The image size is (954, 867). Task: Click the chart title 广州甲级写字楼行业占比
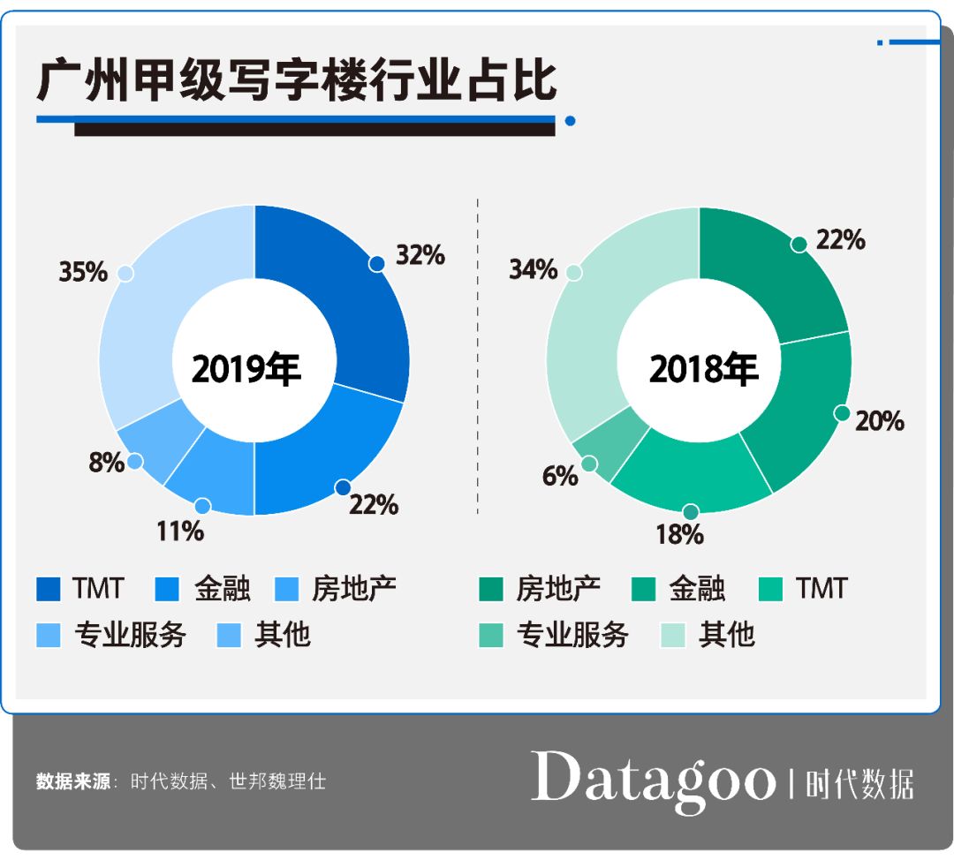coord(297,81)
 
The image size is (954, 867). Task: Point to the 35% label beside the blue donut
coord(83,272)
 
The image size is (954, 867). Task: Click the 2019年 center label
coord(246,370)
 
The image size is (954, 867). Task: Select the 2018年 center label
coord(703,370)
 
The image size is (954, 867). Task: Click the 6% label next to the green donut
coord(560,476)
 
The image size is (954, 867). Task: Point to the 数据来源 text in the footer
coord(73,781)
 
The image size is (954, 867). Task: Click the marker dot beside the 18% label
coord(691,512)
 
